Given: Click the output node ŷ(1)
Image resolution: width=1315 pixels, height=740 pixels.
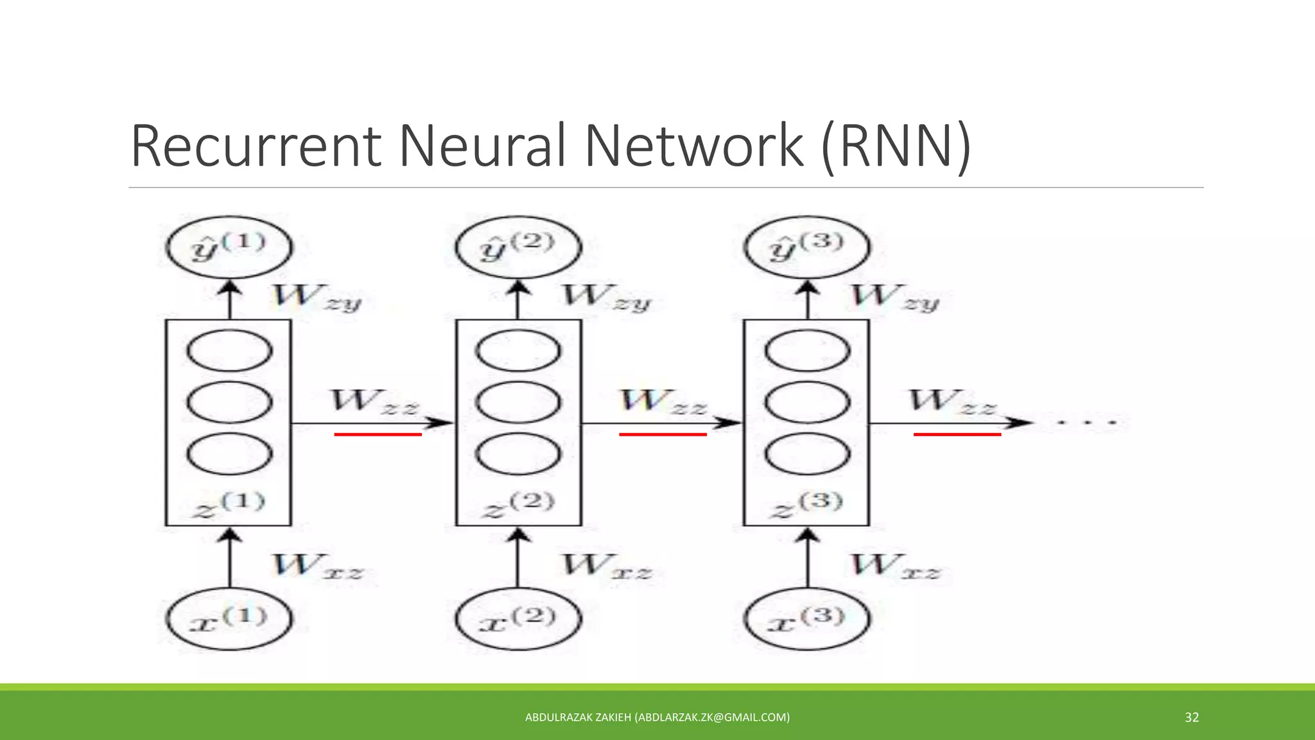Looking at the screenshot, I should (229, 248).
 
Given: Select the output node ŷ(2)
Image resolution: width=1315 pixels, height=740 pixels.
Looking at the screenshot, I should (518, 248).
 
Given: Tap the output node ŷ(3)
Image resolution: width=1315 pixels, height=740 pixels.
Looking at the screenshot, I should (807, 248).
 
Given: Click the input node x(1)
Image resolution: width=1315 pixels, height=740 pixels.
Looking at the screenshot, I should (229, 619).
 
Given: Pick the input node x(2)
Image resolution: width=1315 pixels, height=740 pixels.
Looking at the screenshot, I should (518, 619).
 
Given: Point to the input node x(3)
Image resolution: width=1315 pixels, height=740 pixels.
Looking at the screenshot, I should (807, 619).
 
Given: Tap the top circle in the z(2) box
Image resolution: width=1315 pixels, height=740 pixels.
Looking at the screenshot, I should (518, 351).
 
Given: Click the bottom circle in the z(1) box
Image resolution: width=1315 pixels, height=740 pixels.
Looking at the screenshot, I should (229, 453).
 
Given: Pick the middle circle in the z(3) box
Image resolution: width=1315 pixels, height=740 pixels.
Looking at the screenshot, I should (807, 402).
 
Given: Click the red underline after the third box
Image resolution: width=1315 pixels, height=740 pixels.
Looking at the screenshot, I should (957, 435).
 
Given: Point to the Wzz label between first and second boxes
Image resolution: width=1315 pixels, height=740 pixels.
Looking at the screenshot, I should (374, 402).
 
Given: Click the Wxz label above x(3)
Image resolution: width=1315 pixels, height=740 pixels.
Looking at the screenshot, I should (894, 567).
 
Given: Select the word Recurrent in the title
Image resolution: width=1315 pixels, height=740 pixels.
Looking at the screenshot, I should (256, 146).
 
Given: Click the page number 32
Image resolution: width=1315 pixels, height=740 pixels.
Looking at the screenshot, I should (1191, 718).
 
